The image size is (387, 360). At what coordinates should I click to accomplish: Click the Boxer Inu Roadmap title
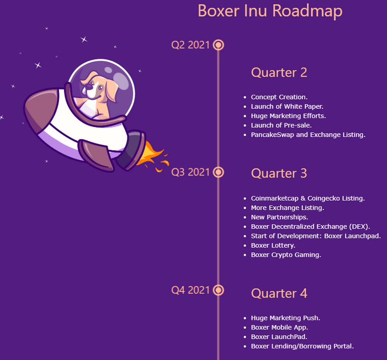point(270,12)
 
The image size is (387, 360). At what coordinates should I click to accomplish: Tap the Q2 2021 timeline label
point(190,45)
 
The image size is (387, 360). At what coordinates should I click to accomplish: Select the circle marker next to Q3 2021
point(218,172)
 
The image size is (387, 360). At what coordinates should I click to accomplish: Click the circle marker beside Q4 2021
point(218,290)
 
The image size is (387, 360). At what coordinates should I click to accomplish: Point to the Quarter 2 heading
point(279,73)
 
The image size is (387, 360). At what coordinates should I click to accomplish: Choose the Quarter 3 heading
point(279,173)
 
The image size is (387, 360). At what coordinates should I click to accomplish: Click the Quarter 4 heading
point(279,294)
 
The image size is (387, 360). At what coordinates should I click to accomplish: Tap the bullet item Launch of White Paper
point(287,107)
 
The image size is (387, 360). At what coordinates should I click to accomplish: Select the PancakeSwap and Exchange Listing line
point(308,135)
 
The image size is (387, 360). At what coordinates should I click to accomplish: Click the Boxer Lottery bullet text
point(273,246)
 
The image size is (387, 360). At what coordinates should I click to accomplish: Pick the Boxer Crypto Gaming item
point(286,255)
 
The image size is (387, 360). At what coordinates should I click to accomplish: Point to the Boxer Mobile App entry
point(279,327)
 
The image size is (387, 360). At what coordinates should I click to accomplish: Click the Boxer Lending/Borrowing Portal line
point(302,346)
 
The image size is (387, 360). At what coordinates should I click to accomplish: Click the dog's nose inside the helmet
point(88,86)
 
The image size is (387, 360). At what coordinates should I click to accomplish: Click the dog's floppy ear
point(110,89)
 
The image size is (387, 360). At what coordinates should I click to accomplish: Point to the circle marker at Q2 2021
point(218,45)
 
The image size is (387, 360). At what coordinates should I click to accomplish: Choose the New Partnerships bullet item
point(279,217)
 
